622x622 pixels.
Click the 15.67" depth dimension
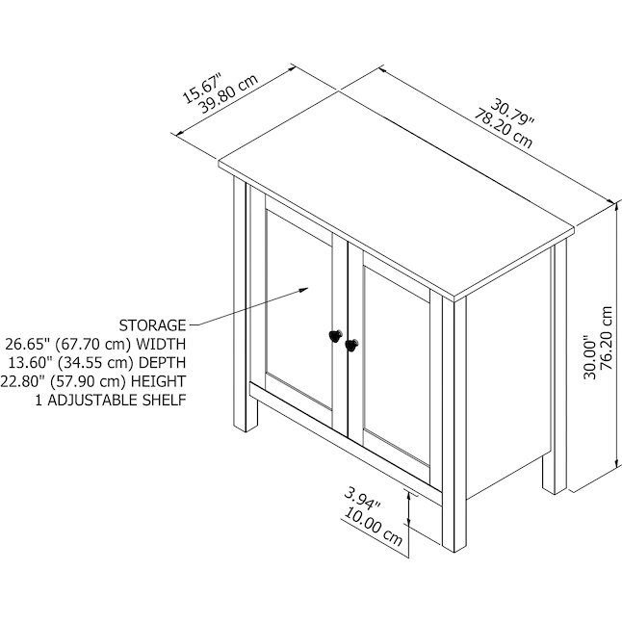[201, 88]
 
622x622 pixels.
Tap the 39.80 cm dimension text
[228, 94]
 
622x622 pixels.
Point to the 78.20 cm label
[504, 128]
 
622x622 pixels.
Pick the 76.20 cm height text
[607, 338]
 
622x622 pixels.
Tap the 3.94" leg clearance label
[362, 499]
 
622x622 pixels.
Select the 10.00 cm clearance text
[373, 527]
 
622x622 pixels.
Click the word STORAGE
[152, 325]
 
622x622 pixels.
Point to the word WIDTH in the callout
[161, 344]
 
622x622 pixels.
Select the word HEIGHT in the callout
[158, 381]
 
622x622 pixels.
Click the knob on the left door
[336, 336]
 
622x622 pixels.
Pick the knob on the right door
[351, 345]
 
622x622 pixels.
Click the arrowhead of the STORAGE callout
[304, 291]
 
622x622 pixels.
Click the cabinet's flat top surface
[397, 194]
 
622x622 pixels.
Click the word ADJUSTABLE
[92, 400]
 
